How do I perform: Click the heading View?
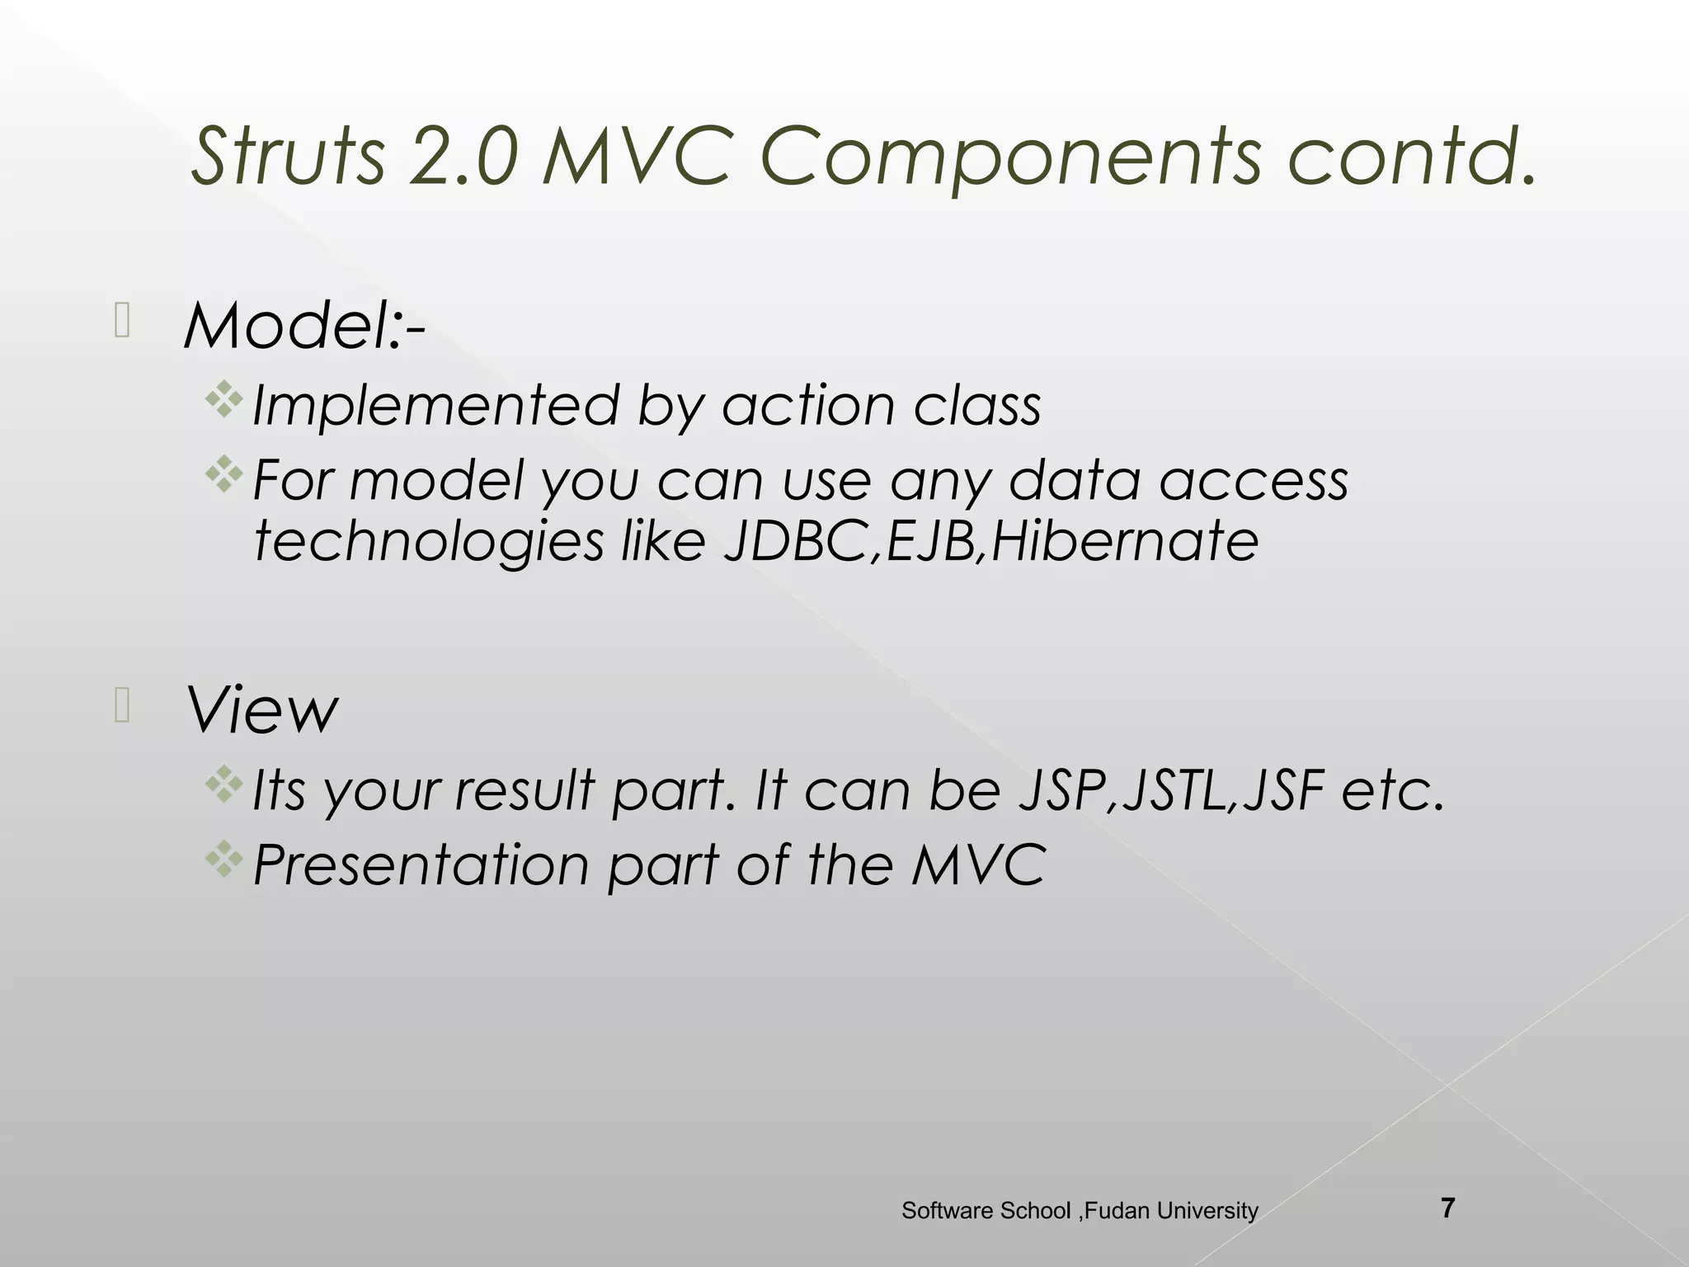coord(262,710)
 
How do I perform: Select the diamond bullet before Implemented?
coord(223,403)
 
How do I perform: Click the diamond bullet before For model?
coord(223,476)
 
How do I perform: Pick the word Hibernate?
coord(1124,542)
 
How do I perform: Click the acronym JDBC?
coord(795,542)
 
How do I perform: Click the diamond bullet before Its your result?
coord(223,786)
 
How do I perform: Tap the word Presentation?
coord(421,865)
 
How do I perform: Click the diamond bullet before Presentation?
coord(223,861)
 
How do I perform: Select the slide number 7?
coord(1447,1208)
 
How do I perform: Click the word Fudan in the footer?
coord(1117,1211)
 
